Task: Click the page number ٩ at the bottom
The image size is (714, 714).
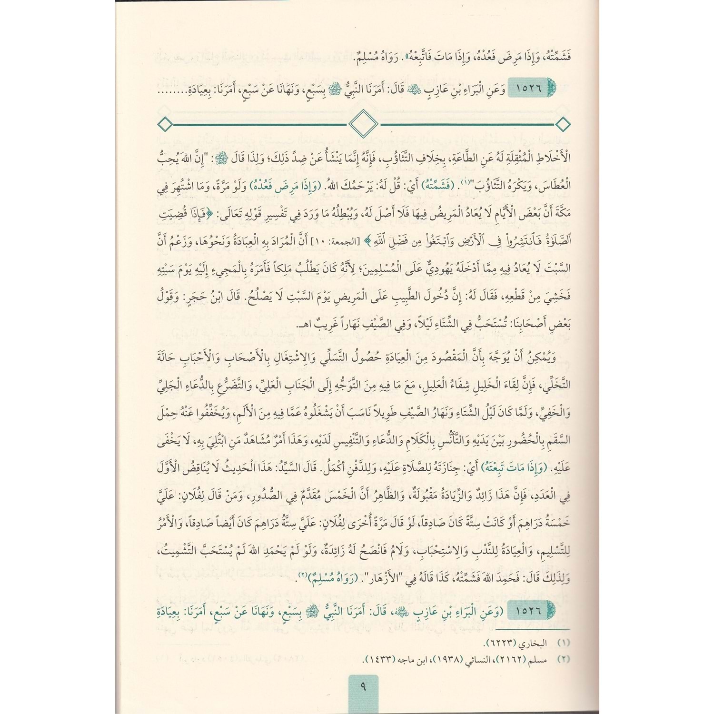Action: (x=363, y=687)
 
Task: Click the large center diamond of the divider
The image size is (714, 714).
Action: (x=363, y=124)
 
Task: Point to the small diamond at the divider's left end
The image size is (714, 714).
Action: (x=165, y=125)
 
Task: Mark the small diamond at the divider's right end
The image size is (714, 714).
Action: (x=563, y=125)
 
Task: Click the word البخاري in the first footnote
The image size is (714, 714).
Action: (x=533, y=643)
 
